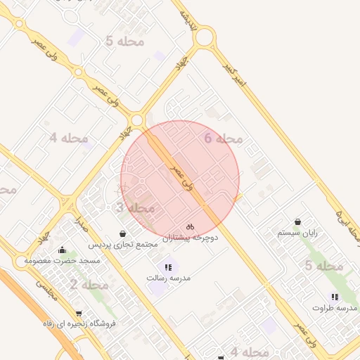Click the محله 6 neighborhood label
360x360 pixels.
coord(224,139)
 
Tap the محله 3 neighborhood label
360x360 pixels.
coord(135,208)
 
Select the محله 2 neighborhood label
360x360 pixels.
coord(89,285)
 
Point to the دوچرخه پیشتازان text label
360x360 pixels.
coord(191,238)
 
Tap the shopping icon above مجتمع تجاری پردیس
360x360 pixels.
coord(123,233)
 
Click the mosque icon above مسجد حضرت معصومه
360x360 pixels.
coord(63,250)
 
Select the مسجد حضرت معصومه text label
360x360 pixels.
coord(63,260)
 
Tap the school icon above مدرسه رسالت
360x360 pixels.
coord(168,267)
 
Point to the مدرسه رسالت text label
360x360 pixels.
coord(168,278)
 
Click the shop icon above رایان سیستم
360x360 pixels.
coord(298,222)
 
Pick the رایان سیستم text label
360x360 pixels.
coord(298,233)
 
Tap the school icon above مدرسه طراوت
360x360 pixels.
coord(335,297)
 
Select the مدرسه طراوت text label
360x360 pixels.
coord(335,308)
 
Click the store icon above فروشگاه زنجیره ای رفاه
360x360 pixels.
coord(78,314)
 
